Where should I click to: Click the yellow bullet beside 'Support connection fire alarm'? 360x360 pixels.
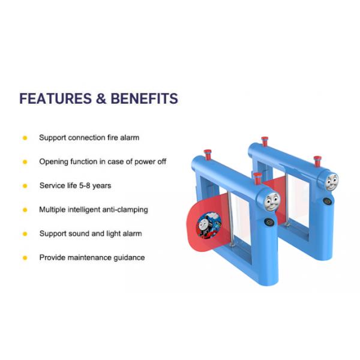pyautogui.click(x=25, y=137)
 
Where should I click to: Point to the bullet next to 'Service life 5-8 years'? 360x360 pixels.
pyautogui.click(x=25, y=185)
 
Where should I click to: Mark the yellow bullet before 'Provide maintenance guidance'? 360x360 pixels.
pyautogui.click(x=25, y=257)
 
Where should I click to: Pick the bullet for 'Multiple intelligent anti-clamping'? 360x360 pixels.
pyautogui.click(x=25, y=209)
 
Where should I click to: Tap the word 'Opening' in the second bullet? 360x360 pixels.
pyautogui.click(x=53, y=161)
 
